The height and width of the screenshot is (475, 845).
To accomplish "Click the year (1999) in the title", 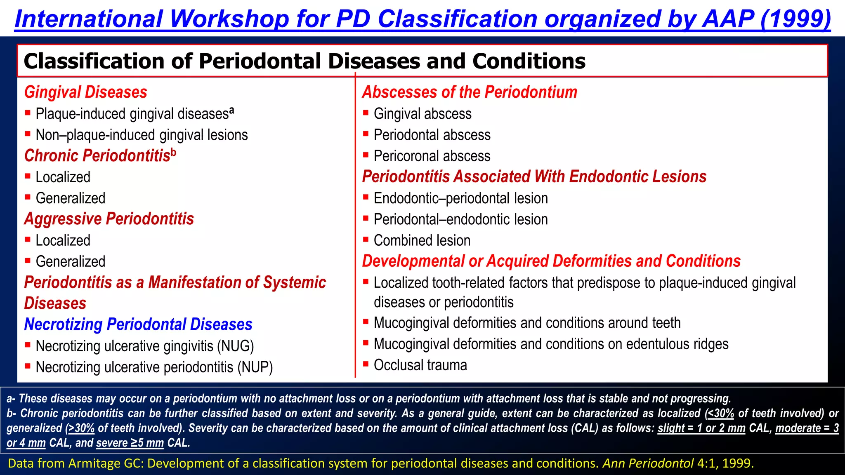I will coord(795,19).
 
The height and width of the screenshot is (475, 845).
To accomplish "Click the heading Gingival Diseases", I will coord(85,92).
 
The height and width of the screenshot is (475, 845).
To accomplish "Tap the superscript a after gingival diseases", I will coord(232,111).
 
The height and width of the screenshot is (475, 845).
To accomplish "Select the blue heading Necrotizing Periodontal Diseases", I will coord(138,325).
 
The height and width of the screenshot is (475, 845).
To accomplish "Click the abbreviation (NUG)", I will coord(236,346).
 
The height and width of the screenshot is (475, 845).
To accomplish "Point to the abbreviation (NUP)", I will coord(255,367).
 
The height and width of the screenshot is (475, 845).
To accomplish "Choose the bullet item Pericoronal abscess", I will coord(432,156).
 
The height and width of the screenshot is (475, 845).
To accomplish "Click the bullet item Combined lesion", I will coord(422,240).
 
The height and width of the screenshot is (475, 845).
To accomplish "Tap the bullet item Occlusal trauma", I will coord(420,365).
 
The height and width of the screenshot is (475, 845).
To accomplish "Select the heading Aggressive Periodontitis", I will coord(109,219).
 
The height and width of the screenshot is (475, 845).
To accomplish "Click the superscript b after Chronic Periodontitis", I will coord(174,153).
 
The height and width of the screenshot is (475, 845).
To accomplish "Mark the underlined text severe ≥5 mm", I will coord(130,443).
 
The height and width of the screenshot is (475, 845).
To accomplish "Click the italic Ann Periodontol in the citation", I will coord(648,463).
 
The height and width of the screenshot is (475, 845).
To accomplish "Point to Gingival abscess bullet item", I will coord(422,114).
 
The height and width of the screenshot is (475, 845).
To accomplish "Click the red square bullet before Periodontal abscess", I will coord(366,134).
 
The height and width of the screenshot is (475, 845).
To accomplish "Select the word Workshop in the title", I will coord(229,19).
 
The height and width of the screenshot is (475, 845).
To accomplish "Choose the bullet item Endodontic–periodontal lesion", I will coord(460,198).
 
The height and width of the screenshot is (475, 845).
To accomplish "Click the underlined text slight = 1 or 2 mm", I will coord(701,428).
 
